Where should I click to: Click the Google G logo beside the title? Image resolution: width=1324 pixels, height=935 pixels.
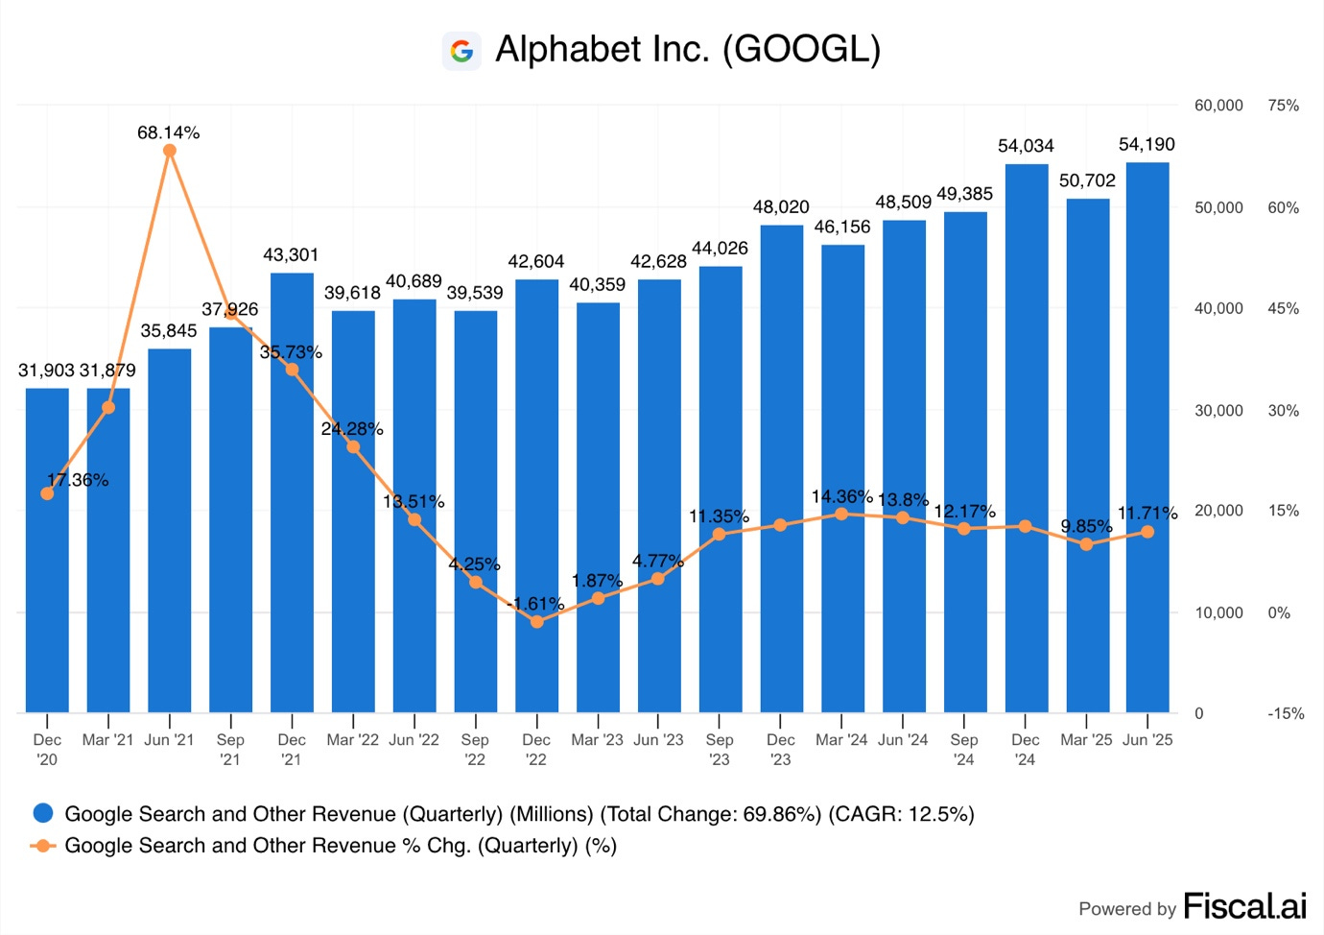461,51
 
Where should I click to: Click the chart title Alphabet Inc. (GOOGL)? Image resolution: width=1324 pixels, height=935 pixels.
687,50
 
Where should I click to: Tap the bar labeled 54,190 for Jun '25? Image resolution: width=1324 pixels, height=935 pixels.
1147,442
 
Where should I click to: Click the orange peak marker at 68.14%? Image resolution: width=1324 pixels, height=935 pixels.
170,151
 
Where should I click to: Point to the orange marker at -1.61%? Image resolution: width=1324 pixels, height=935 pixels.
537,622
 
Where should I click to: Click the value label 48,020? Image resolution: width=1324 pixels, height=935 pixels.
781,207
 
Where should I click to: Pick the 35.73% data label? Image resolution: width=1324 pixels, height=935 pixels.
291,352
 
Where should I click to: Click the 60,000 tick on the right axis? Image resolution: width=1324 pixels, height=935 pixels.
1218,106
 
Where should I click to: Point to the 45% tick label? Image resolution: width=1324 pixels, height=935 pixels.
1283,308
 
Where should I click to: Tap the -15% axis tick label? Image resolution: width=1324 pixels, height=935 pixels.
1286,713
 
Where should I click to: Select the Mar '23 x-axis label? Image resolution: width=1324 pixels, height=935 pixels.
597,740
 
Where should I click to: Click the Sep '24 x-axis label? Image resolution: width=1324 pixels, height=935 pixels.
964,750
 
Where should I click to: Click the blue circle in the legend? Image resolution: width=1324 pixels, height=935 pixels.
43,814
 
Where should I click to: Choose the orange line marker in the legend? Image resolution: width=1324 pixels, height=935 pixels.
43,846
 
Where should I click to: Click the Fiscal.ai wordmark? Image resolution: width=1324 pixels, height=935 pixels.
1244,906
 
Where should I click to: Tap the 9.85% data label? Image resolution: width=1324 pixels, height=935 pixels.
1086,526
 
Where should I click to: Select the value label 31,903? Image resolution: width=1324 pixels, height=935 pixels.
46,371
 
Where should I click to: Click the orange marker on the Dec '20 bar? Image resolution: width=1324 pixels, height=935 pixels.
48,493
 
